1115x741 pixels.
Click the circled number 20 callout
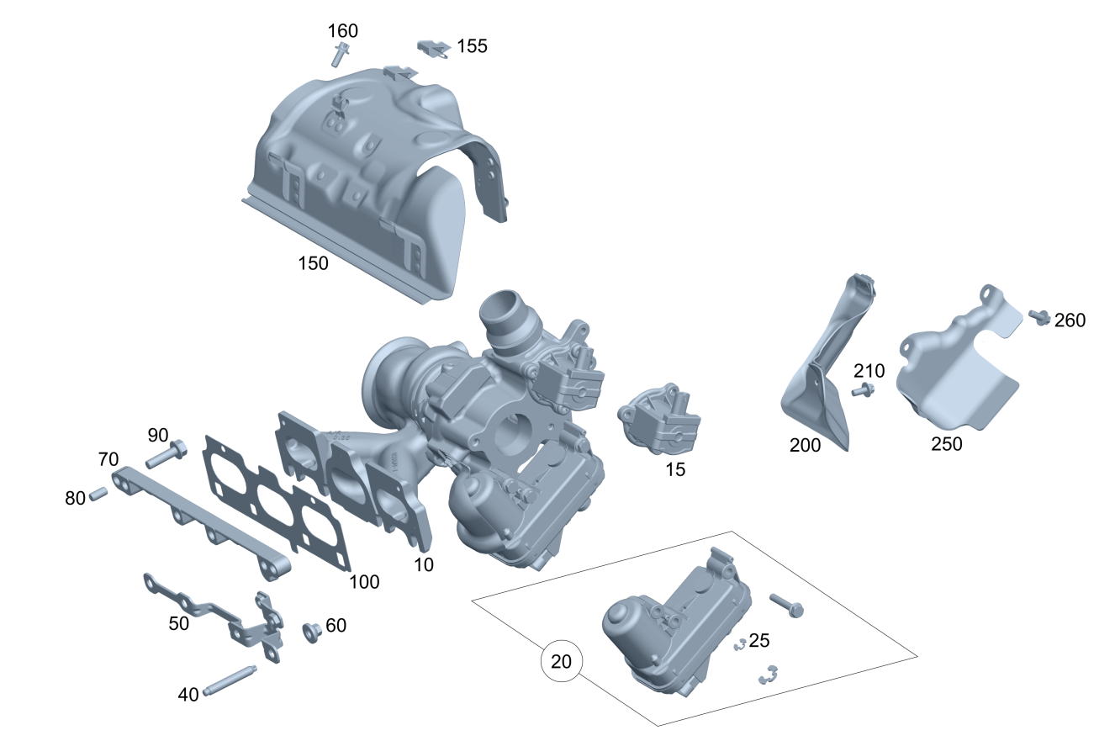pyautogui.click(x=561, y=661)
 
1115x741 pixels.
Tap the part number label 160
pyautogui.click(x=342, y=31)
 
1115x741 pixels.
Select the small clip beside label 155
pyautogui.click(x=433, y=49)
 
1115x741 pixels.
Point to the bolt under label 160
pyautogui.click(x=340, y=55)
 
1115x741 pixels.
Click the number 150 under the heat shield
pyautogui.click(x=313, y=263)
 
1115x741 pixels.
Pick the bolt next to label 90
pyautogui.click(x=166, y=453)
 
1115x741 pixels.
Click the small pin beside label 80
pyautogui.click(x=98, y=494)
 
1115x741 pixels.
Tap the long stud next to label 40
pyautogui.click(x=230, y=680)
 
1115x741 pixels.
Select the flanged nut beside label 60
pyautogui.click(x=312, y=632)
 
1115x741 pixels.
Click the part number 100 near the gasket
pyautogui.click(x=364, y=582)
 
